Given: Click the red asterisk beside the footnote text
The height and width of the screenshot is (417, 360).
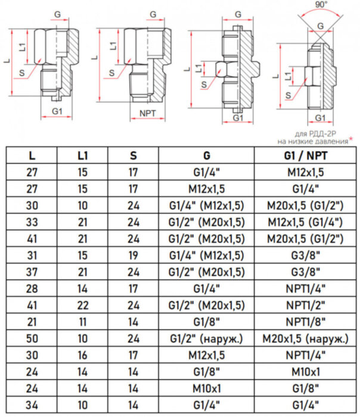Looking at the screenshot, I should coord(351,140).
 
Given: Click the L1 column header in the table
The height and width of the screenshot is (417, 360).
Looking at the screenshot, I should coord(83,156).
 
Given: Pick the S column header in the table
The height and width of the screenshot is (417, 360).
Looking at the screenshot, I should coord(133,156).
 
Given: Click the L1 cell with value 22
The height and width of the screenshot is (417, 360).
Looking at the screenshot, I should coord(83,306).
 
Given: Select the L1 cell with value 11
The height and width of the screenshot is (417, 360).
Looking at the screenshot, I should coord(83,322).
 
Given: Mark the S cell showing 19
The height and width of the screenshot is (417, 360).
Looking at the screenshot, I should coord(133,256).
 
